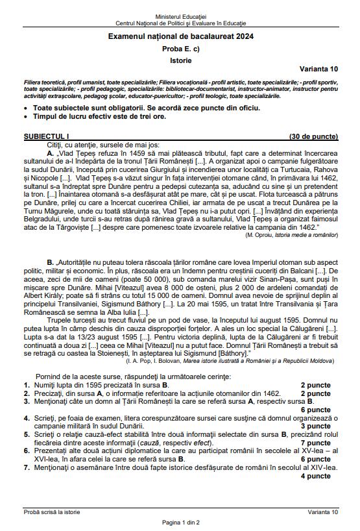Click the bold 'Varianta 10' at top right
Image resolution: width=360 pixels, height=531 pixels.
point(318,69)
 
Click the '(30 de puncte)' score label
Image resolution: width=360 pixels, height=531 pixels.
point(313,137)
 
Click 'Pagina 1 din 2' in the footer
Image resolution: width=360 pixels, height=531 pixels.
point(180,522)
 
